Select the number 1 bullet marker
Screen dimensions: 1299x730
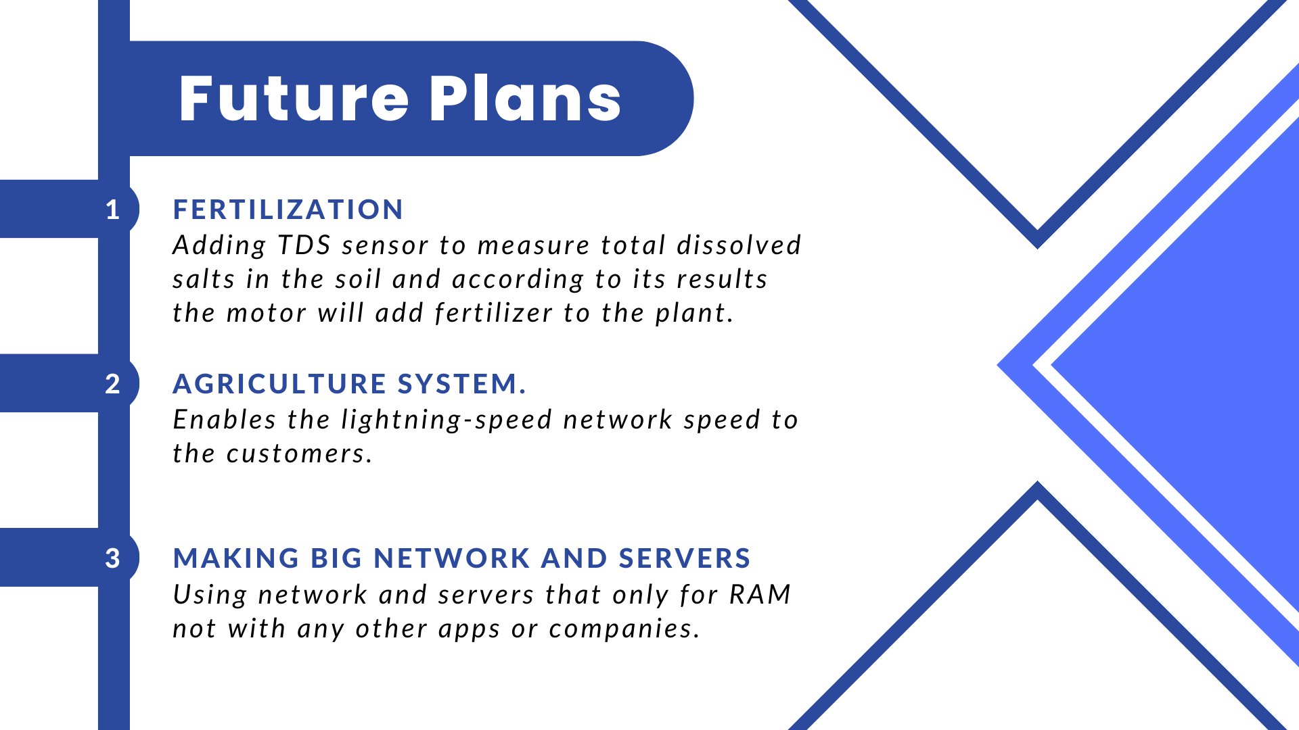click(112, 210)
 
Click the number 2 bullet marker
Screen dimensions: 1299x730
click(112, 384)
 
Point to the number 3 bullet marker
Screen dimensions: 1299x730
click(112, 558)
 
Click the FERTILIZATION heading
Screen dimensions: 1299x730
click(288, 210)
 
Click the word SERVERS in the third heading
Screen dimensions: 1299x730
click(685, 558)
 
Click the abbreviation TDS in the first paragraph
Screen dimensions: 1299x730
click(304, 245)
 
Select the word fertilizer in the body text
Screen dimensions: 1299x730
click(494, 313)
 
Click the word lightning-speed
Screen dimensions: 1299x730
click(447, 420)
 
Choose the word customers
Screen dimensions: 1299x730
click(299, 454)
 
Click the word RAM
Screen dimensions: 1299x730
click(760, 595)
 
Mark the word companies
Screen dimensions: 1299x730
click(624, 629)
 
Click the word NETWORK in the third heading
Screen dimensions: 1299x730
click(452, 558)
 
